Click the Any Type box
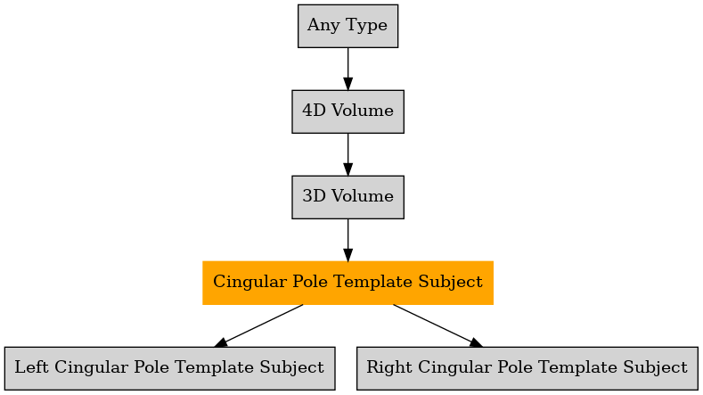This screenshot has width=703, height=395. click(x=347, y=26)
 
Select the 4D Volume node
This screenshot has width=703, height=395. click(x=347, y=111)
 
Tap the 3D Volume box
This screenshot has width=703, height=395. click(x=347, y=198)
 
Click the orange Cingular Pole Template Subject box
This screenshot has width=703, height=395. click(x=347, y=283)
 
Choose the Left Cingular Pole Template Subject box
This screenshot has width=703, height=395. click(x=170, y=368)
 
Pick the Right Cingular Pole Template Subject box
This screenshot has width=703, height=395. click(x=527, y=368)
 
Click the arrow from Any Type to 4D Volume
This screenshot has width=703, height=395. click(x=347, y=69)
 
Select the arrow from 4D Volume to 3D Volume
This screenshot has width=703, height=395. click(x=347, y=154)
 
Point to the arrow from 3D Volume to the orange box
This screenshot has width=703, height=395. click(x=347, y=240)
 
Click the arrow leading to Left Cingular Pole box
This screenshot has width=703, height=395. click(x=258, y=325)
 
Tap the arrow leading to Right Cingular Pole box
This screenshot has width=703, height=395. click(x=438, y=325)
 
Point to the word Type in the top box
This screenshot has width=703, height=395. click(x=366, y=26)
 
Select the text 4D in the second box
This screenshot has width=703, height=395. click(x=314, y=111)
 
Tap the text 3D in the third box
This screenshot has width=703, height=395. click(x=314, y=196)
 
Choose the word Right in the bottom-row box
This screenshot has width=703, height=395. click(x=389, y=368)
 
